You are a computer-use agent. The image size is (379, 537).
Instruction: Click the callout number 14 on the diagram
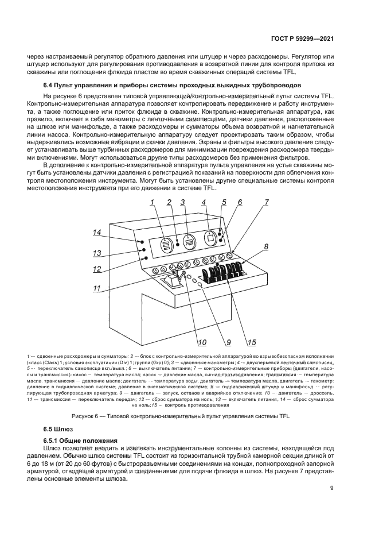[97, 232]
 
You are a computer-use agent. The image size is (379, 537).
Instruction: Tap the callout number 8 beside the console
[265, 247]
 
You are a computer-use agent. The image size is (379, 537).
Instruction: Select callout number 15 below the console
[251, 343]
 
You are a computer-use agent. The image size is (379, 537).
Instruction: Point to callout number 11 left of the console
[97, 288]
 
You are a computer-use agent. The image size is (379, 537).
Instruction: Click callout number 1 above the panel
[153, 202]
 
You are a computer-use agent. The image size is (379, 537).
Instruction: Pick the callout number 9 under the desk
[228, 343]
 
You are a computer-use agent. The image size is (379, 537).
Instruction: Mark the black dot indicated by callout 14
[140, 242]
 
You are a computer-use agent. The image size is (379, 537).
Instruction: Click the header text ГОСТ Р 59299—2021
[303, 40]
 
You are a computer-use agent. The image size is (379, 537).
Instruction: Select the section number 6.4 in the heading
[50, 86]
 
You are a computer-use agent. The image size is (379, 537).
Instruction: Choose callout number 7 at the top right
[267, 202]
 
